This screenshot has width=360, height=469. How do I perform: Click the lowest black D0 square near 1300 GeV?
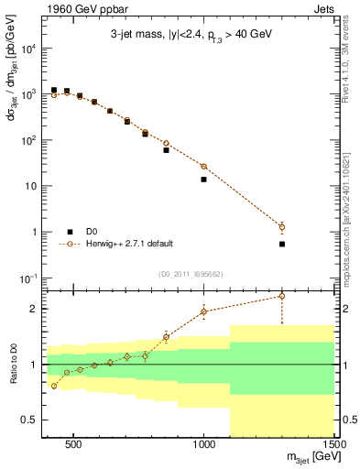[282, 244]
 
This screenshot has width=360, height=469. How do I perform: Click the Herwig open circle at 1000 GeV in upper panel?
[203, 166]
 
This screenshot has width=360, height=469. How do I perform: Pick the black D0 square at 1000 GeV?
[203, 180]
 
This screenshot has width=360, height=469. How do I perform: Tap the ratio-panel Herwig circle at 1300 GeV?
[282, 296]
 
